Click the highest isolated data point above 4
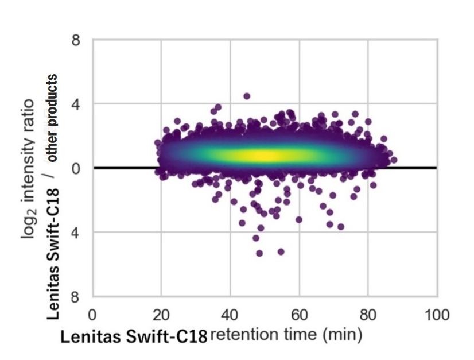click(x=247, y=96)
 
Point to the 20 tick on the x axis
click(x=161, y=315)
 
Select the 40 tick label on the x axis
click(x=230, y=315)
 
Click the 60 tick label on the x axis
click(x=299, y=315)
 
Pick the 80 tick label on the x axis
click(x=368, y=315)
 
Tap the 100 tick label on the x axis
click(x=437, y=315)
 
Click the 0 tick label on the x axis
click(x=92, y=315)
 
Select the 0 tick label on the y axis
click(x=75, y=168)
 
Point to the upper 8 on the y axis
click(x=75, y=41)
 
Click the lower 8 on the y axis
click(x=75, y=297)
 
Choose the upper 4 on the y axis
click(x=75, y=104)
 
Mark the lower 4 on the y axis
click(x=75, y=233)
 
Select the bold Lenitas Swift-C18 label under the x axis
click(x=134, y=336)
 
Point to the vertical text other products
click(x=53, y=118)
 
